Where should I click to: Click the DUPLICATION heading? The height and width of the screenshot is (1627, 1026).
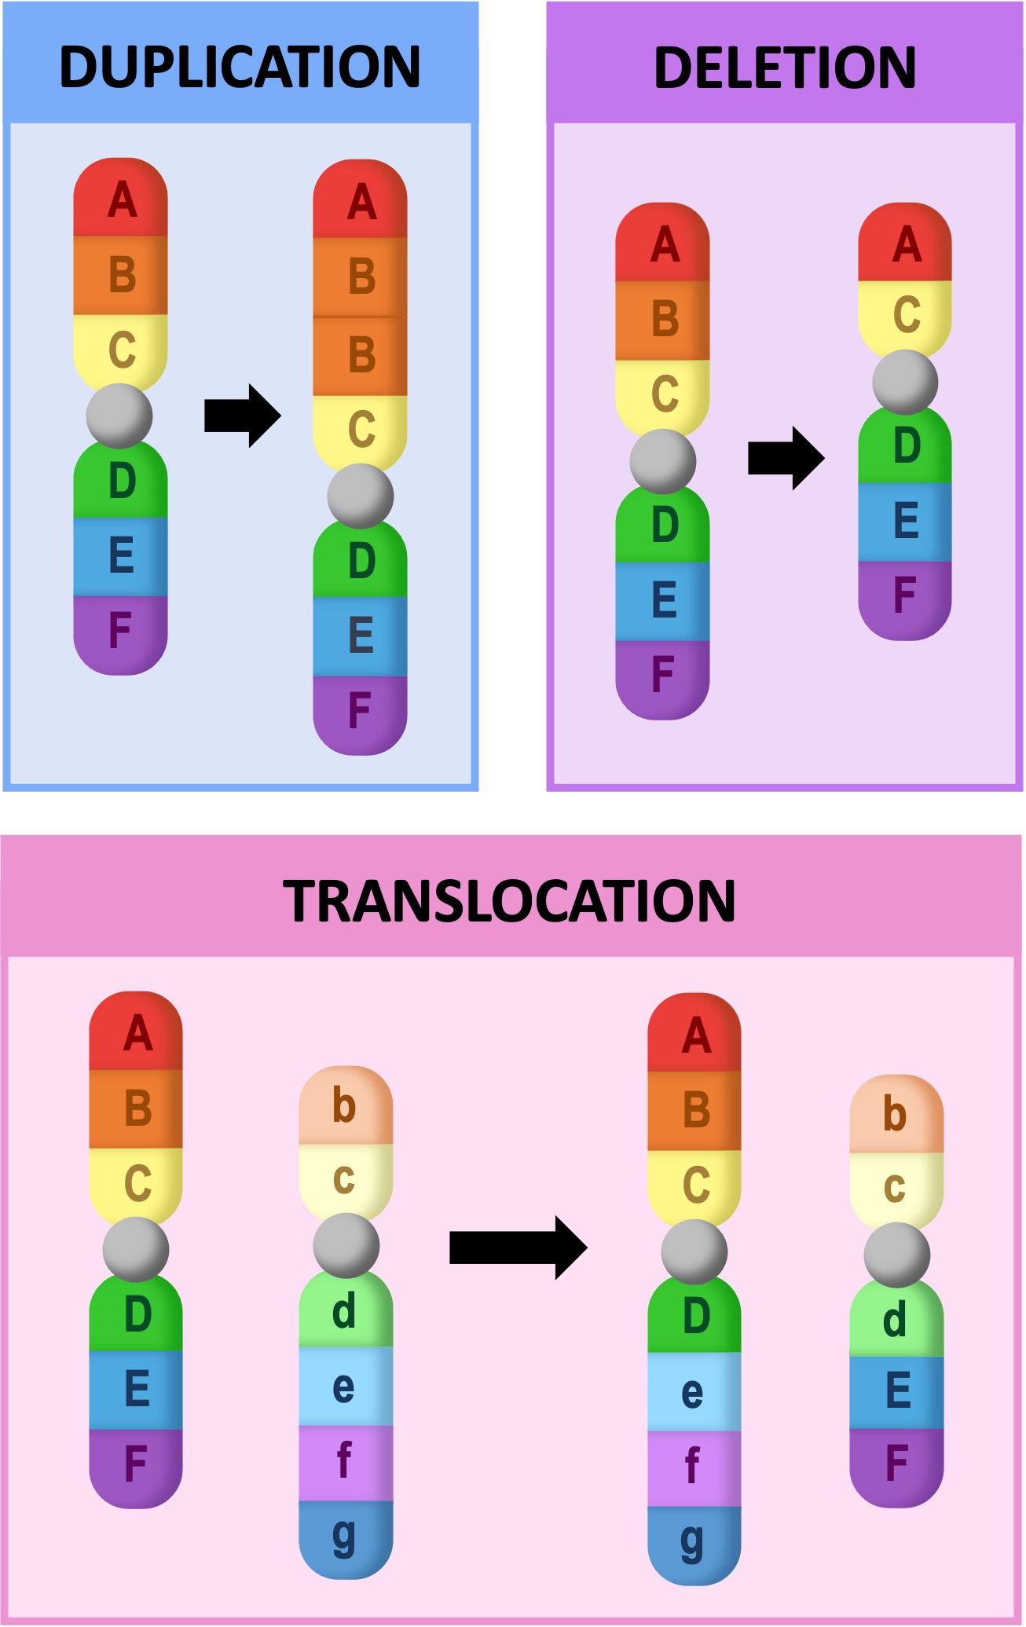click(240, 66)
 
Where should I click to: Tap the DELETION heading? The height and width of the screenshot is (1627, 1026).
click(785, 68)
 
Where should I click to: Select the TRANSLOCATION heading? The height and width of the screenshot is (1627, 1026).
click(510, 900)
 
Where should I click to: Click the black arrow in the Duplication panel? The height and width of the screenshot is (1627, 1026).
click(242, 416)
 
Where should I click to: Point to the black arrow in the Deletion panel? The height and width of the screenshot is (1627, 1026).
click(786, 458)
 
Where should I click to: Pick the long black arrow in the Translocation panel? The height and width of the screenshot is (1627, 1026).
click(518, 1247)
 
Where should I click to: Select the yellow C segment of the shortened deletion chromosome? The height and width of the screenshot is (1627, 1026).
click(905, 315)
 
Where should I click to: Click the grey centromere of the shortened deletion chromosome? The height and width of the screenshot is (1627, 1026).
click(905, 382)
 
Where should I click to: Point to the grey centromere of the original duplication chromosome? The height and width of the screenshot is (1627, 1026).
click(119, 416)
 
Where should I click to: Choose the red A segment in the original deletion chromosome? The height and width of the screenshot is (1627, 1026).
click(663, 244)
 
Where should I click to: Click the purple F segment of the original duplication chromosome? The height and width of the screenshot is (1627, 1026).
click(120, 632)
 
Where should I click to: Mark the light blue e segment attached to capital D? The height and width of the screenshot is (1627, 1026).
click(694, 1392)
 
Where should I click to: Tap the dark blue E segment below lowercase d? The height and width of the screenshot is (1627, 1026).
click(896, 1391)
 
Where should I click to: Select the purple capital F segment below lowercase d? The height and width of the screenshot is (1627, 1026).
click(896, 1466)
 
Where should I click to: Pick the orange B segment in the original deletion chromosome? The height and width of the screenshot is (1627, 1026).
click(663, 320)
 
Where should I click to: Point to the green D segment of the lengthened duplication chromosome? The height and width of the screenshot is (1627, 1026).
click(360, 559)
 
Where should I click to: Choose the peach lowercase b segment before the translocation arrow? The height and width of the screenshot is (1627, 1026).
click(346, 1105)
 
